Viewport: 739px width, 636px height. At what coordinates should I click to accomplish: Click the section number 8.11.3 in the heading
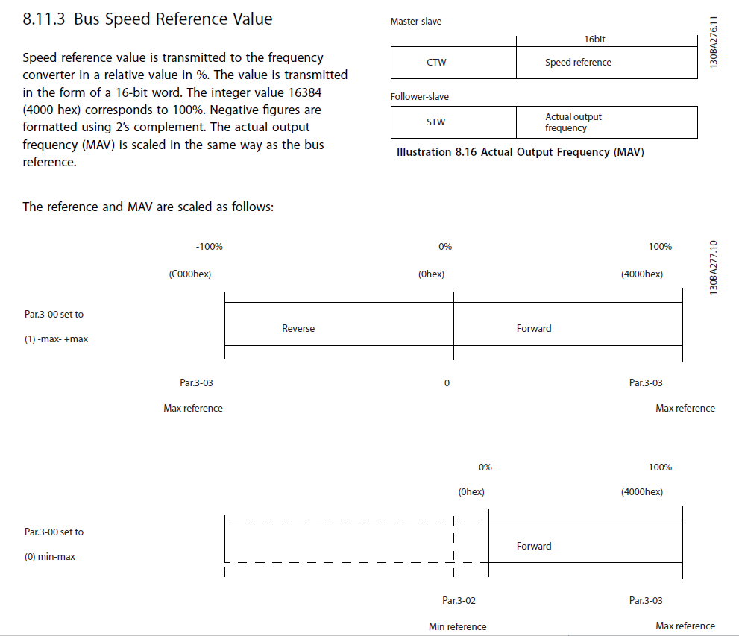[45, 19]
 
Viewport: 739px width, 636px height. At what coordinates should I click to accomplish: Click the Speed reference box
[606, 63]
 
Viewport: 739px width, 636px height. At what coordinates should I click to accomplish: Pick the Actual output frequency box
[606, 122]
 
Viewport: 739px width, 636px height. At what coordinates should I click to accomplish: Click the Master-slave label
[416, 22]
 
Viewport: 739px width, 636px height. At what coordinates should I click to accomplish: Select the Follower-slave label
[420, 96]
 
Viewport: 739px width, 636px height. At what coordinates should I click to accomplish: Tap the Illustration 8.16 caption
[521, 153]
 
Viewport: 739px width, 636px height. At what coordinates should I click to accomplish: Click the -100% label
[209, 247]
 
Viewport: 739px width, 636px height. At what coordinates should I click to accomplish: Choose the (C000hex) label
[190, 274]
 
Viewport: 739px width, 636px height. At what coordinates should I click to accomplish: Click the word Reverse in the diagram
[298, 328]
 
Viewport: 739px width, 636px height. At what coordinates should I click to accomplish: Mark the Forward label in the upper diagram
[534, 328]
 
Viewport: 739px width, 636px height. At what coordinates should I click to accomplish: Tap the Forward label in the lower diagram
[534, 546]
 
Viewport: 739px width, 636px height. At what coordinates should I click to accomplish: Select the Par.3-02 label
[459, 601]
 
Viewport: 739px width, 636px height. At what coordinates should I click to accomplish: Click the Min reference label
[458, 626]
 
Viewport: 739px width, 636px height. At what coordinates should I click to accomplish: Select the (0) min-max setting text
[50, 557]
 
